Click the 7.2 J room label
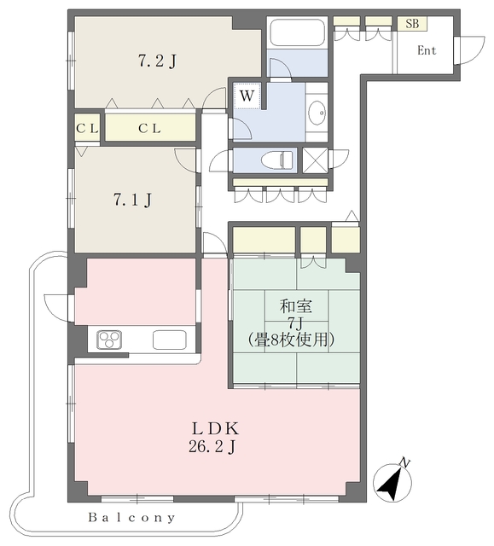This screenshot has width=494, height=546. click(157, 61)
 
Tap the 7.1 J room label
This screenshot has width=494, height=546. click(132, 200)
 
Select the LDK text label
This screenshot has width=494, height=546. click(216, 428)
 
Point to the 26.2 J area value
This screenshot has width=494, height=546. click(212, 447)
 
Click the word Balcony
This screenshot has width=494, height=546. click(131, 518)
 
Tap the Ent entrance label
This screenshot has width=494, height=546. click(427, 50)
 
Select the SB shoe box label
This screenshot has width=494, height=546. click(412, 24)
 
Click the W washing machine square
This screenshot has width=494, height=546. click(247, 96)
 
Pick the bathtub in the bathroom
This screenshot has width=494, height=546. click(298, 32)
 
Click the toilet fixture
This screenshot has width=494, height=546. click(277, 160)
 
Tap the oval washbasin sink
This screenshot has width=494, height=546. click(317, 113)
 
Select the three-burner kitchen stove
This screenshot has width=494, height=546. click(110, 340)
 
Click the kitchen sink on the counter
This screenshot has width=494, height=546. click(169, 340)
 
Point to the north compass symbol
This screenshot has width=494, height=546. click(392, 481)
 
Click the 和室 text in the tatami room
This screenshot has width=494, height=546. click(296, 306)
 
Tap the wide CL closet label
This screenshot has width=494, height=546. click(149, 129)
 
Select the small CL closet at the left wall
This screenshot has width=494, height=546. click(87, 129)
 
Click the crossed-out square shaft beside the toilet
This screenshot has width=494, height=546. click(315, 160)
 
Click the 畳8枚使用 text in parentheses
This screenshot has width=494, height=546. click(291, 340)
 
